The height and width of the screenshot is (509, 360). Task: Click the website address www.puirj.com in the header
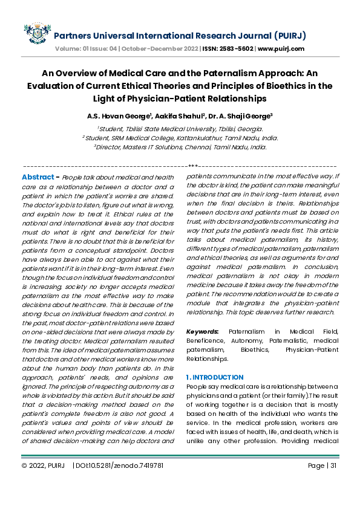coord(281,48)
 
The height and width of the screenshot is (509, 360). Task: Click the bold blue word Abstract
coord(39,177)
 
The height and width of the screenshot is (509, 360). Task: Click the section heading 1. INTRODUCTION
coord(215,377)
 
